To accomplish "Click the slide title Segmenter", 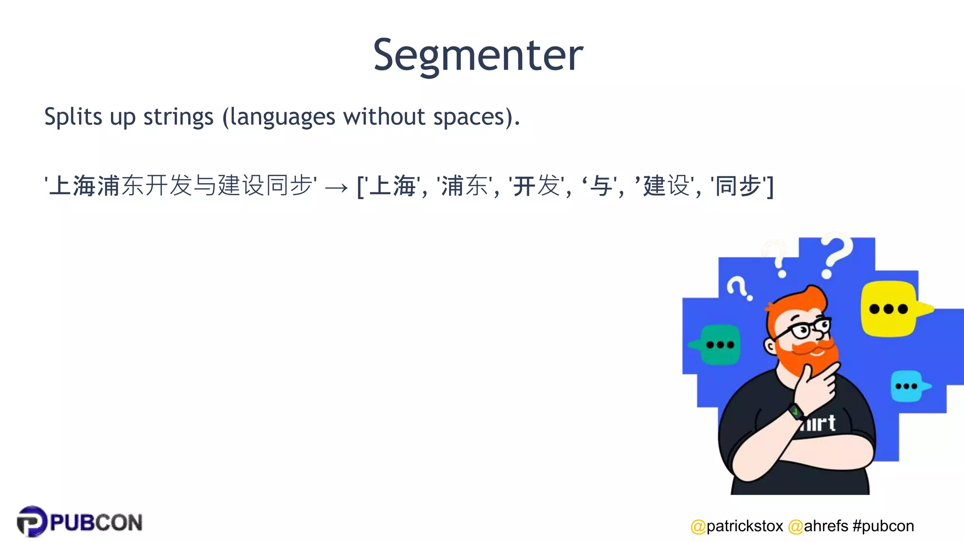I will [478, 55].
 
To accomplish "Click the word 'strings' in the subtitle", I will [178, 117].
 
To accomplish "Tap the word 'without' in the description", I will [384, 117].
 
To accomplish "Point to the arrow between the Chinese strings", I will [336, 188].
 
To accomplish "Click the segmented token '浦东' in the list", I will [464, 185].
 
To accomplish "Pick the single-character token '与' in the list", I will [601, 185].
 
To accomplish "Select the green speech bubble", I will [719, 344].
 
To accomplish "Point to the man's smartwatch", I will [796, 412].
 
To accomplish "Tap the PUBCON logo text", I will [96, 523].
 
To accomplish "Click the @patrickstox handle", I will [737, 526].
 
